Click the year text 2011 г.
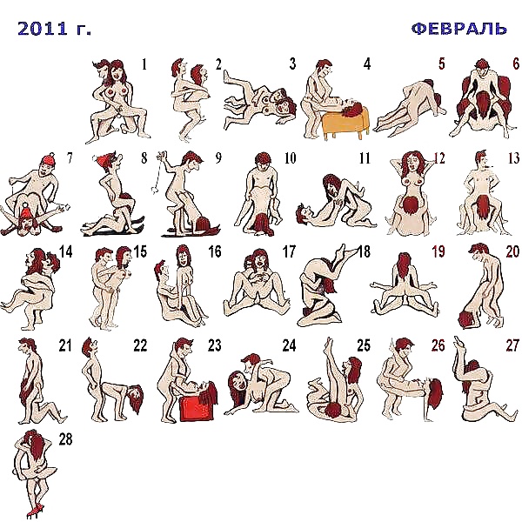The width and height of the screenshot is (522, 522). click(x=54, y=29)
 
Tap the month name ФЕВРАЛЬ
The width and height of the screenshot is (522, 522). click(x=458, y=28)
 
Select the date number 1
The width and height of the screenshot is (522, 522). click(x=144, y=64)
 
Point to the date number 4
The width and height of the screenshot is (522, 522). click(x=367, y=64)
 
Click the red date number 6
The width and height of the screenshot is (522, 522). click(x=516, y=64)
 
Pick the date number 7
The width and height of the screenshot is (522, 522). click(x=70, y=158)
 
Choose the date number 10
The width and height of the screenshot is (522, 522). click(x=290, y=158)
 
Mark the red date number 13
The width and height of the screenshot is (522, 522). click(x=512, y=158)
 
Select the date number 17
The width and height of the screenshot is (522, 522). click(x=289, y=252)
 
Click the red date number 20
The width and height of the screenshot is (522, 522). click(x=512, y=252)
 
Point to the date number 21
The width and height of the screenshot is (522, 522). click(x=65, y=345)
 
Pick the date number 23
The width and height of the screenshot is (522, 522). click(x=214, y=345)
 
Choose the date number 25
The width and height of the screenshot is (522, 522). click(x=364, y=345)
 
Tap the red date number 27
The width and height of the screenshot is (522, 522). click(x=512, y=345)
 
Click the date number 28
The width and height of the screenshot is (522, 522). click(x=65, y=439)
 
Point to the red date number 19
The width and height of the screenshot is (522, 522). click(x=438, y=252)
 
